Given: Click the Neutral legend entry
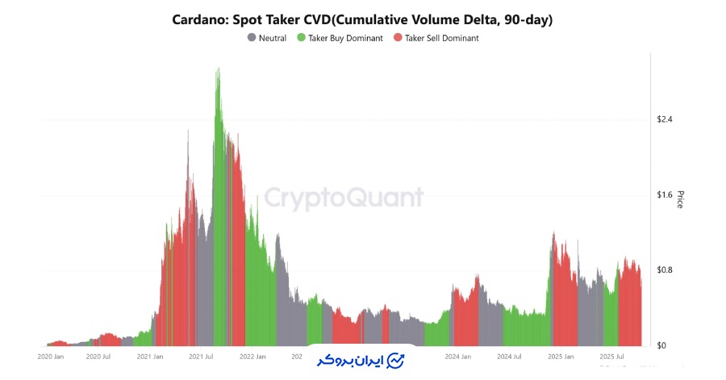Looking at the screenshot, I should [272, 38].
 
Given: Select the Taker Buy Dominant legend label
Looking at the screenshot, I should [345, 38].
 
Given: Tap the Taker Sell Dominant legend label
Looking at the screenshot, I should [441, 38].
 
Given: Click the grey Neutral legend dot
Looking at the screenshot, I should [252, 38].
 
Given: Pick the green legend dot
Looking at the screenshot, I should [301, 38].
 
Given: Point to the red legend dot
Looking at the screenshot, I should [397, 38].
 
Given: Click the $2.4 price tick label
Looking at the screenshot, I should [665, 119].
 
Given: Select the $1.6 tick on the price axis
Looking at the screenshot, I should [665, 194].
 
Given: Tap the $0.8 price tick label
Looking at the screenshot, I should [665, 269].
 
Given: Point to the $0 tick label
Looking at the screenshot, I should [661, 345].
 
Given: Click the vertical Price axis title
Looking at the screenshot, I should [681, 199].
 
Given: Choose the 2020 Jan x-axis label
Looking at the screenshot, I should [51, 356].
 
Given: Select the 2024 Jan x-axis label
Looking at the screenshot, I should [457, 356].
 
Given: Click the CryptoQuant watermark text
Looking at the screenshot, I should [344, 198].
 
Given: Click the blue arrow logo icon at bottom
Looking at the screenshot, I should [395, 360].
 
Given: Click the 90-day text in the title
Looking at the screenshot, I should [524, 20].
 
